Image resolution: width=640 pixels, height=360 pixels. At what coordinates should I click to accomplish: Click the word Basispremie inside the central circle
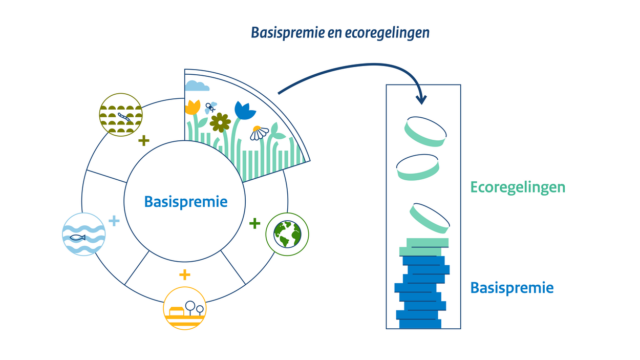[186, 202]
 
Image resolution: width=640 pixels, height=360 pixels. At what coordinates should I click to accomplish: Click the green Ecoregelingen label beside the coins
[518, 187]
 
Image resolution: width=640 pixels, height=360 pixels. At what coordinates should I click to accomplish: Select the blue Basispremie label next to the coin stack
[511, 288]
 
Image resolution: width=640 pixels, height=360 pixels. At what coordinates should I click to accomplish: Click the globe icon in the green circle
[287, 234]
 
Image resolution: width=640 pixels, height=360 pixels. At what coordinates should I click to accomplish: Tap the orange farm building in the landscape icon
[176, 311]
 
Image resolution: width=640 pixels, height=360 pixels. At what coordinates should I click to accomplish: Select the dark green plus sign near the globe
[254, 223]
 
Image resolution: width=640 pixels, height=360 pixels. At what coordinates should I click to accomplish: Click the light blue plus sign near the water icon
[114, 221]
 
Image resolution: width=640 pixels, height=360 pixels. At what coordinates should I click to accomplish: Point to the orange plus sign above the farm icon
[184, 275]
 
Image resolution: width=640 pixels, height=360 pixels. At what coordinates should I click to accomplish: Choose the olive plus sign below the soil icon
[144, 140]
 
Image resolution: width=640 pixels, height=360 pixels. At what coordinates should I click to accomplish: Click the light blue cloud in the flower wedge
[197, 86]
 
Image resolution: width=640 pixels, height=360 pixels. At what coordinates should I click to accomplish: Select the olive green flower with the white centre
[220, 122]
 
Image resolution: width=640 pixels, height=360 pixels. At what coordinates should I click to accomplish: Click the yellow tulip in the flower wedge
[193, 107]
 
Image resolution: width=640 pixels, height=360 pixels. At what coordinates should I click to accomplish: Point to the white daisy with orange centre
[260, 133]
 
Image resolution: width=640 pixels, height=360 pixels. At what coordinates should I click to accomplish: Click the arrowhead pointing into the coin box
[421, 99]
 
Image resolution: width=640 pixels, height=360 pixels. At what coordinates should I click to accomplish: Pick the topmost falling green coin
[425, 131]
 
